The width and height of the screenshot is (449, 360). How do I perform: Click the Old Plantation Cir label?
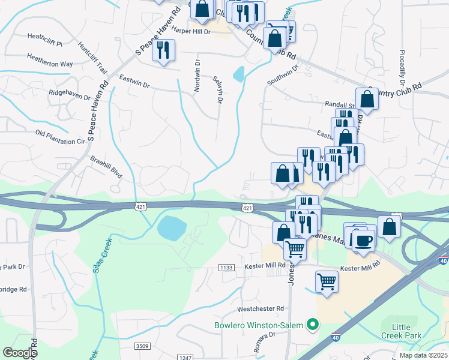(x=60, y=137)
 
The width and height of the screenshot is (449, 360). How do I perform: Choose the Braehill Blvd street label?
(x=106, y=167)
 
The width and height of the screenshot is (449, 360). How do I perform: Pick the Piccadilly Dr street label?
(x=402, y=66)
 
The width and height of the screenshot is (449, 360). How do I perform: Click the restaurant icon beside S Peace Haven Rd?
(x=163, y=50)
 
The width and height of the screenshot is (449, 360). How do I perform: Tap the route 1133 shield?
(x=226, y=268)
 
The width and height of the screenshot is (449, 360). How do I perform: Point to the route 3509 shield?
(x=142, y=346)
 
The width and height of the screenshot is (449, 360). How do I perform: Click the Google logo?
(x=20, y=352)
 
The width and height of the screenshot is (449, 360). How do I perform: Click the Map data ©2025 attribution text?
(x=424, y=356)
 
